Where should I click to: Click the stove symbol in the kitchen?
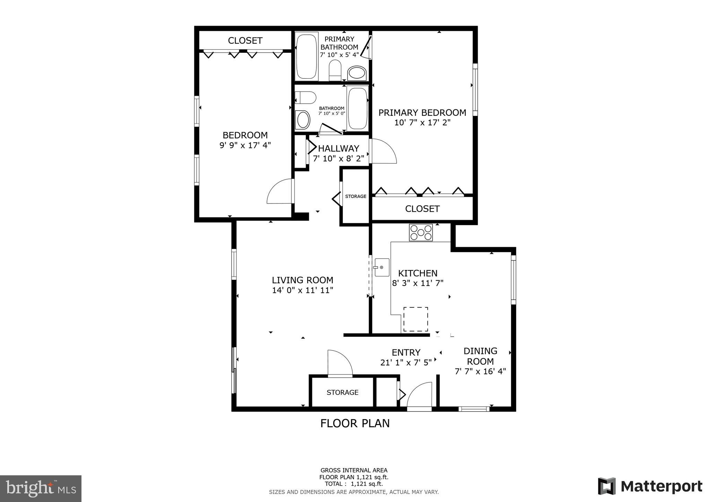(421, 233)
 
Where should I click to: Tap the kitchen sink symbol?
(382, 267)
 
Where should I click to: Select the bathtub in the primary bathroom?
(306, 56)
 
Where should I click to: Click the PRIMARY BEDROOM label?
(422, 113)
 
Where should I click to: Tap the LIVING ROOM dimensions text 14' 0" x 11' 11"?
(302, 290)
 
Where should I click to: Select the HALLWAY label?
(338, 148)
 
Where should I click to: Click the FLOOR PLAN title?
(355, 423)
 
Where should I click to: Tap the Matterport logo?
(650, 486)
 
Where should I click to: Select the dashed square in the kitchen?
(415, 319)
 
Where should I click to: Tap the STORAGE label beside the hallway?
(355, 196)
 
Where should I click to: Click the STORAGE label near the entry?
(342, 392)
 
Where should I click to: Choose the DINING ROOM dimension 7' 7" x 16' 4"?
(480, 371)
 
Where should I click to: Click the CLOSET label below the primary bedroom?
(422, 209)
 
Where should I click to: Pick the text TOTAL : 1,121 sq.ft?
(354, 484)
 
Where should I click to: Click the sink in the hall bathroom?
(303, 120)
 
